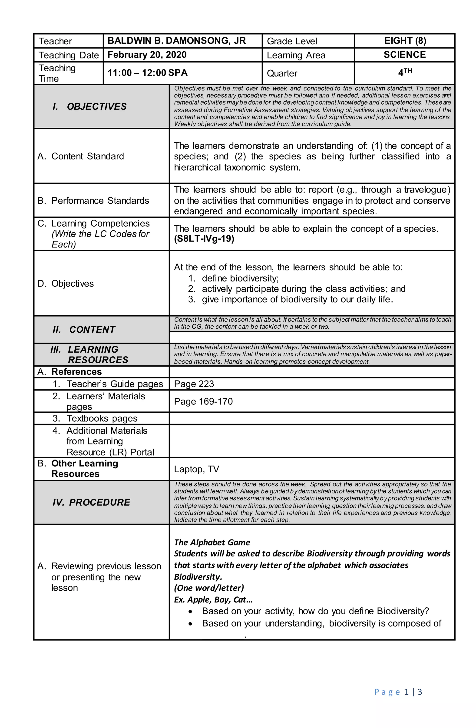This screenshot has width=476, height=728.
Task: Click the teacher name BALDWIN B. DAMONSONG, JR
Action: pyautogui.click(x=176, y=41)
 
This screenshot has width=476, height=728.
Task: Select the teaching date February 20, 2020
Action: pyautogui.click(x=147, y=55)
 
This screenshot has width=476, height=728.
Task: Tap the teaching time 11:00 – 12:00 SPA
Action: pyautogui.click(x=147, y=73)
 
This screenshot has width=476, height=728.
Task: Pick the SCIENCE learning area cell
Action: pyautogui.click(x=404, y=55)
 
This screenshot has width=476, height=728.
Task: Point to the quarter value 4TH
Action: pyautogui.click(x=404, y=73)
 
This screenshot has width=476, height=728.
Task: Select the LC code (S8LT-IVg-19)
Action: pyautogui.click(x=204, y=239)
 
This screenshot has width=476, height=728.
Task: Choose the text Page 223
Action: pyautogui.click(x=194, y=384)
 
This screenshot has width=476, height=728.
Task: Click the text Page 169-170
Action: pyautogui.click(x=203, y=401)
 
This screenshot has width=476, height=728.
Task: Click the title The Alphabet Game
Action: pyautogui.click(x=212, y=542)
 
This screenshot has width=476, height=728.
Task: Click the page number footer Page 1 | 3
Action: pyautogui.click(x=398, y=692)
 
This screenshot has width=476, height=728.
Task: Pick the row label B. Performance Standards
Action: pyautogui.click(x=93, y=201)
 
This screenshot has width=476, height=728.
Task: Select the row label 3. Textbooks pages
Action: pyautogui.click(x=95, y=418)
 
